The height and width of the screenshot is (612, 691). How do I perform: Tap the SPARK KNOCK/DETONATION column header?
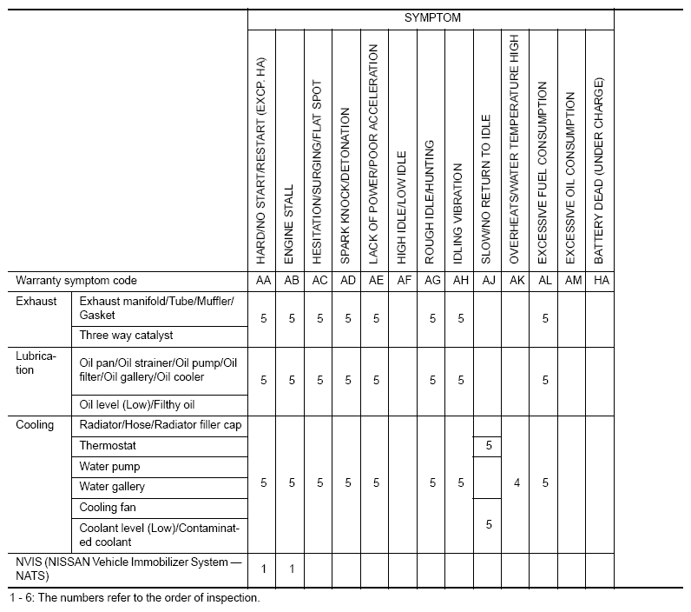click(346, 186)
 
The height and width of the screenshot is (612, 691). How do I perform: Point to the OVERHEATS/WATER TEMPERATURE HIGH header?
click(516, 149)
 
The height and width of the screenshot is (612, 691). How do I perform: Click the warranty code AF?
click(403, 281)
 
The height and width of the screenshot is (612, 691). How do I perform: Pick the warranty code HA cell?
click(599, 281)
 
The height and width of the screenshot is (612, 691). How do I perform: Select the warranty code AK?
click(516, 281)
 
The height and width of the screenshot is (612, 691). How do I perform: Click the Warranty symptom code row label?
click(76, 281)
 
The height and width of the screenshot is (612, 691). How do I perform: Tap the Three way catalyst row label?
click(126, 335)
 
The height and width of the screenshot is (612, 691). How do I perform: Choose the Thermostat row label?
click(108, 445)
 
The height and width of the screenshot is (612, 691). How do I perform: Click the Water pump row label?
click(109, 466)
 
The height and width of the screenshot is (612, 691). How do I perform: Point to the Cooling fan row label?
click(108, 507)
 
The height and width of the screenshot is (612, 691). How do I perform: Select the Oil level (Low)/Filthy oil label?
click(137, 404)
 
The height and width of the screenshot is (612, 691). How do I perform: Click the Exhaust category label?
click(36, 301)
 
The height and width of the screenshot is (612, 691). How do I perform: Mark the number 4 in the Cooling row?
click(516, 482)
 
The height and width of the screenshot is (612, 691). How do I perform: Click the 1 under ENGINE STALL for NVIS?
click(291, 569)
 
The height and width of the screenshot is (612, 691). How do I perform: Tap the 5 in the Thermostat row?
click(488, 445)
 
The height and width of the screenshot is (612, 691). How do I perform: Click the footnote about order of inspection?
click(135, 598)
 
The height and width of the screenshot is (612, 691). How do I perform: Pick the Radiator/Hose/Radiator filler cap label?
click(161, 425)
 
